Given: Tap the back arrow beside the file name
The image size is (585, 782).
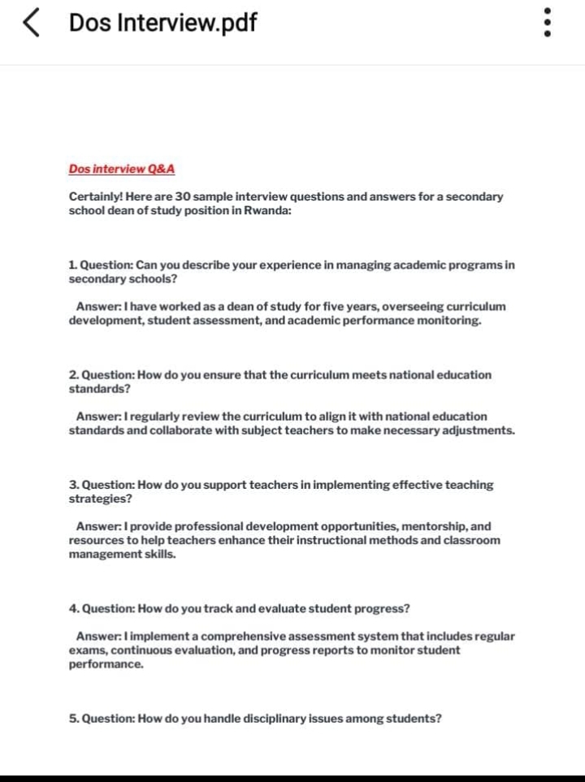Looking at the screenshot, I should [x=31, y=24].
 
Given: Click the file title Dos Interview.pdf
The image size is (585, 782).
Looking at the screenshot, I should [x=162, y=23].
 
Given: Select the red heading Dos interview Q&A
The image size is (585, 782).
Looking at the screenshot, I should [x=121, y=169].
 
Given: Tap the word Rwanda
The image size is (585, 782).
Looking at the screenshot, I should [x=265, y=210].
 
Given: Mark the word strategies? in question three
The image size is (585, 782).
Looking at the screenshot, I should [x=100, y=498].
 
